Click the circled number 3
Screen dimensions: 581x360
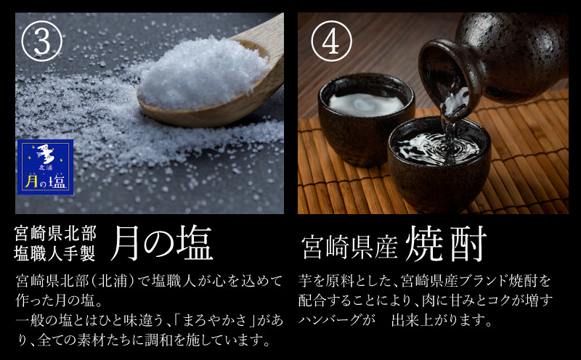42,41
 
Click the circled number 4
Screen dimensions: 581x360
331,41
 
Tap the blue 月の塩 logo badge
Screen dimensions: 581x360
45,167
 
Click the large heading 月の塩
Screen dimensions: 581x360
162,243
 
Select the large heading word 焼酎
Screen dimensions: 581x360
446,244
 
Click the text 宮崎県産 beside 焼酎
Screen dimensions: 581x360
349,247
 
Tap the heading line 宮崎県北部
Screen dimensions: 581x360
56,233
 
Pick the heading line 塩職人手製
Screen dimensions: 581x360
56,254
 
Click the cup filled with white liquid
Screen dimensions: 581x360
366,118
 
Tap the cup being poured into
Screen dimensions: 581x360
439,163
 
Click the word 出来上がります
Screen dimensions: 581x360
442,320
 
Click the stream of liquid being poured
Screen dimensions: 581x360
450,122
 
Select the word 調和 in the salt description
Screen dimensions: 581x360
158,340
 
